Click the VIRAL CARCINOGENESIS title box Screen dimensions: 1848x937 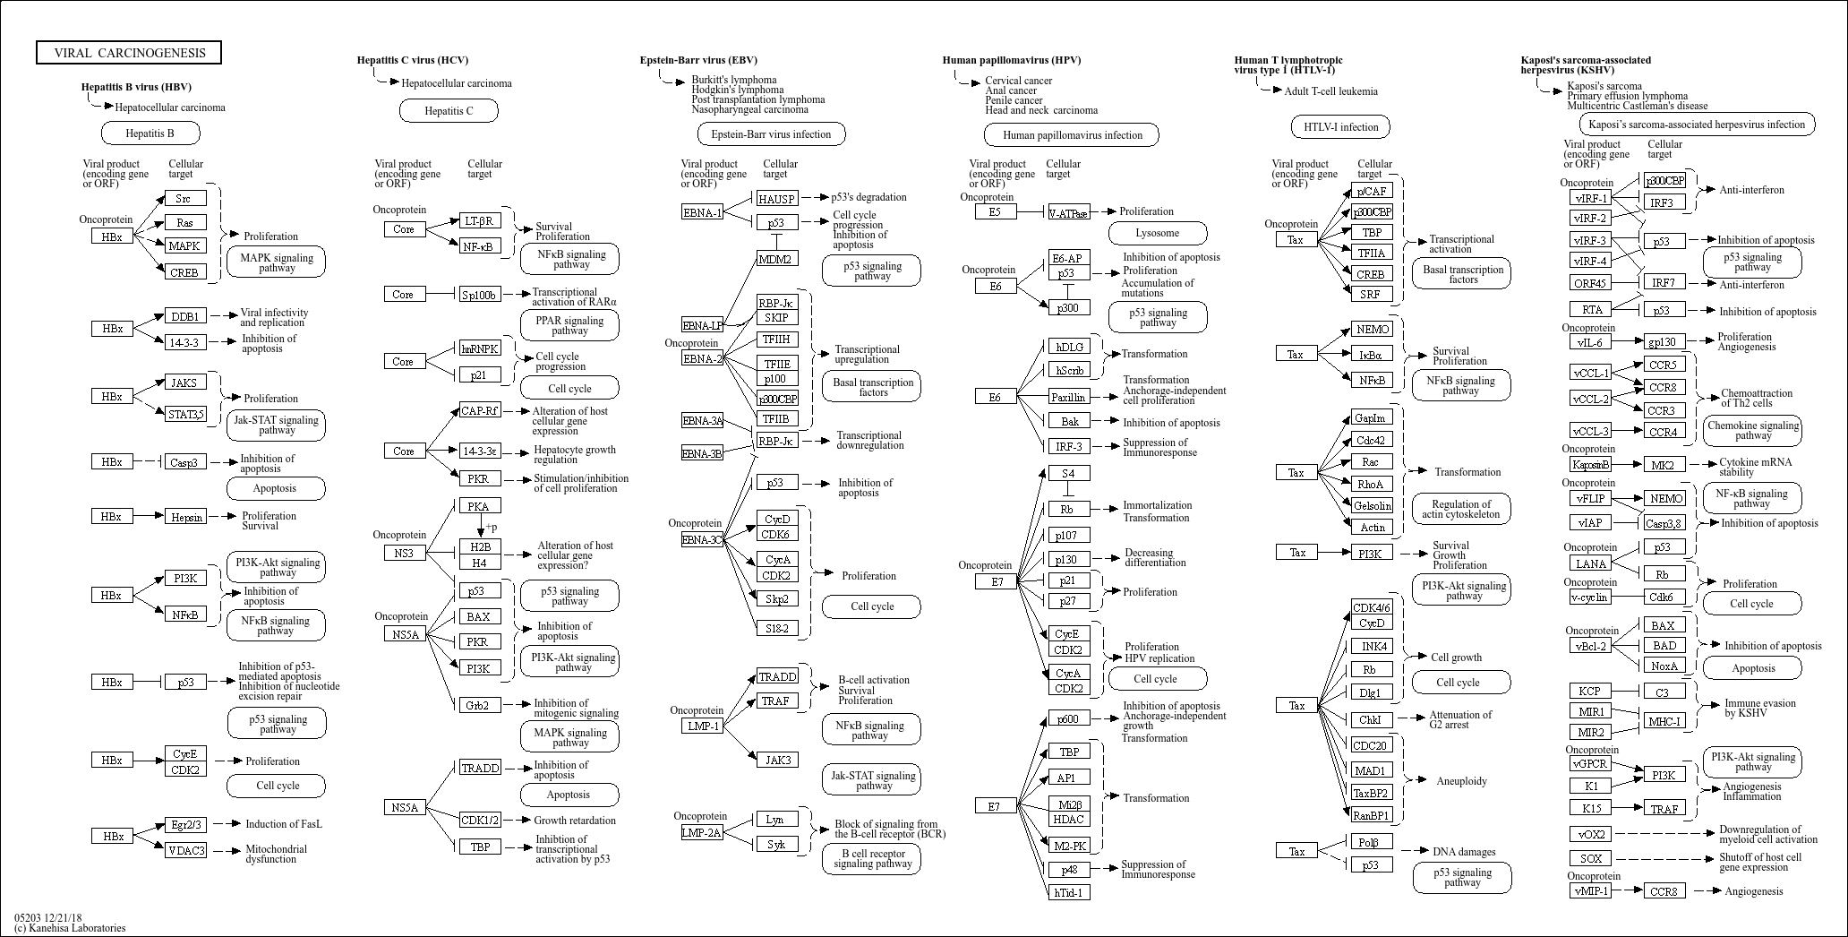[129, 53]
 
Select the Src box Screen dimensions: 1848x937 [184, 198]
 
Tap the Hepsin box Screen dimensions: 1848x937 [185, 517]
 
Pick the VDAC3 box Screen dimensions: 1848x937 [185, 850]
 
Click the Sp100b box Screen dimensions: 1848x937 [481, 294]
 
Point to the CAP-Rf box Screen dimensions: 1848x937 [480, 411]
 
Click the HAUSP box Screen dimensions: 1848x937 [776, 198]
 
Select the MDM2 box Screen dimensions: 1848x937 [776, 259]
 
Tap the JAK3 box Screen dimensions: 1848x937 [776, 761]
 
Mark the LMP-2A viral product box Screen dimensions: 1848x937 [702, 833]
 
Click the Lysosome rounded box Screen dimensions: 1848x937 [1158, 233]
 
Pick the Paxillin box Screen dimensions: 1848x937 [1068, 396]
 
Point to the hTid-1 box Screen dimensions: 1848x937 [1068, 892]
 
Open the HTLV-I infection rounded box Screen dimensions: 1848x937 [1340, 126]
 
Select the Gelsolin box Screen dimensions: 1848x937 [1372, 506]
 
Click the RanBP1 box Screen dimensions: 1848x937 [1372, 815]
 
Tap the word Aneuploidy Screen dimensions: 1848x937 [1461, 781]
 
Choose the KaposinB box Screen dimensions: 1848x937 [1590, 464]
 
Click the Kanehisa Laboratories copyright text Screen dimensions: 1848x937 [70, 928]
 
